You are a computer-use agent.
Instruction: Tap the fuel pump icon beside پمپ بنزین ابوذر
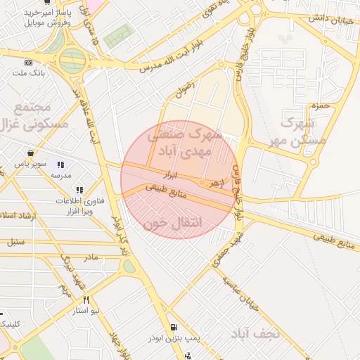[x=174, y=327]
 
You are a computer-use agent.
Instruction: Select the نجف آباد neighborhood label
[x=253, y=333]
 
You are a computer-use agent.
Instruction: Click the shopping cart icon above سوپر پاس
[x=31, y=152]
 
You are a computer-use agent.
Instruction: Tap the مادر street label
[x=91, y=258]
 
